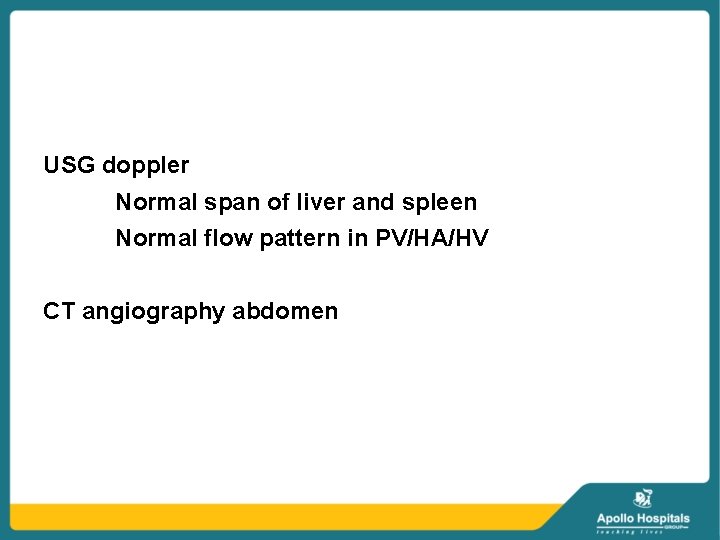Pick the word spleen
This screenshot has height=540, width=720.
click(439, 203)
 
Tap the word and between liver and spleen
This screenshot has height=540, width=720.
click(374, 202)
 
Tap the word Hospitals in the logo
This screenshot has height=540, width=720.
click(664, 518)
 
